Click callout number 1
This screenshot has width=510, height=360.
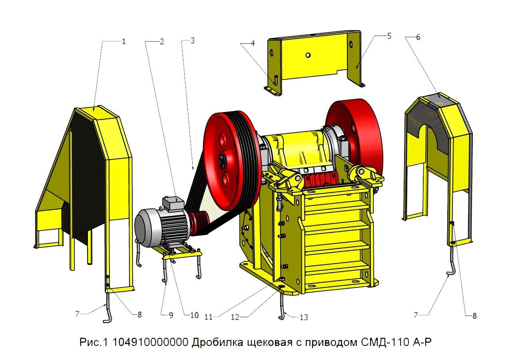pyautogui.click(x=124, y=41)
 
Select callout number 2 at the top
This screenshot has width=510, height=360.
pyautogui.click(x=162, y=41)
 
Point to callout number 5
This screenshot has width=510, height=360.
pyautogui.click(x=389, y=36)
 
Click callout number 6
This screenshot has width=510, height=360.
pyautogui.click(x=418, y=37)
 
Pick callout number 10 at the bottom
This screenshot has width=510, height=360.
pyautogui.click(x=194, y=315)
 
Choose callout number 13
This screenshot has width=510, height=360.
pyautogui.click(x=304, y=317)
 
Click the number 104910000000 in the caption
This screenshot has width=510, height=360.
pyautogui.click(x=151, y=342)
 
